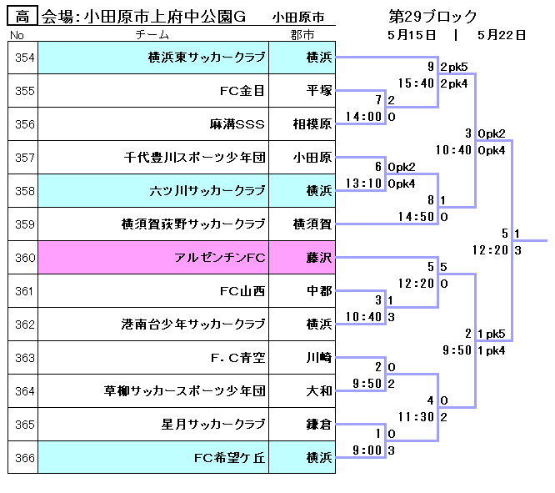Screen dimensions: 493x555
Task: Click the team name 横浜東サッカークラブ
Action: point(206,58)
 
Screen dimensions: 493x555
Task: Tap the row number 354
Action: point(24,58)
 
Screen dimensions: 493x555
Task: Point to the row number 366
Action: point(24,458)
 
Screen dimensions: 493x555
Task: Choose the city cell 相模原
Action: point(313,124)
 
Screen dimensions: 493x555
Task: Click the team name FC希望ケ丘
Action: point(229,458)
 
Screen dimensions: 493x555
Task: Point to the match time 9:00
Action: point(357,450)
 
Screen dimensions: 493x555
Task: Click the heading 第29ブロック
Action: point(432,17)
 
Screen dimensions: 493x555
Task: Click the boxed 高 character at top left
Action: point(23,17)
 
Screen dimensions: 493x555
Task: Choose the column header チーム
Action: point(152,35)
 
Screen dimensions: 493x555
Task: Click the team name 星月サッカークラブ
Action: point(213,425)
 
